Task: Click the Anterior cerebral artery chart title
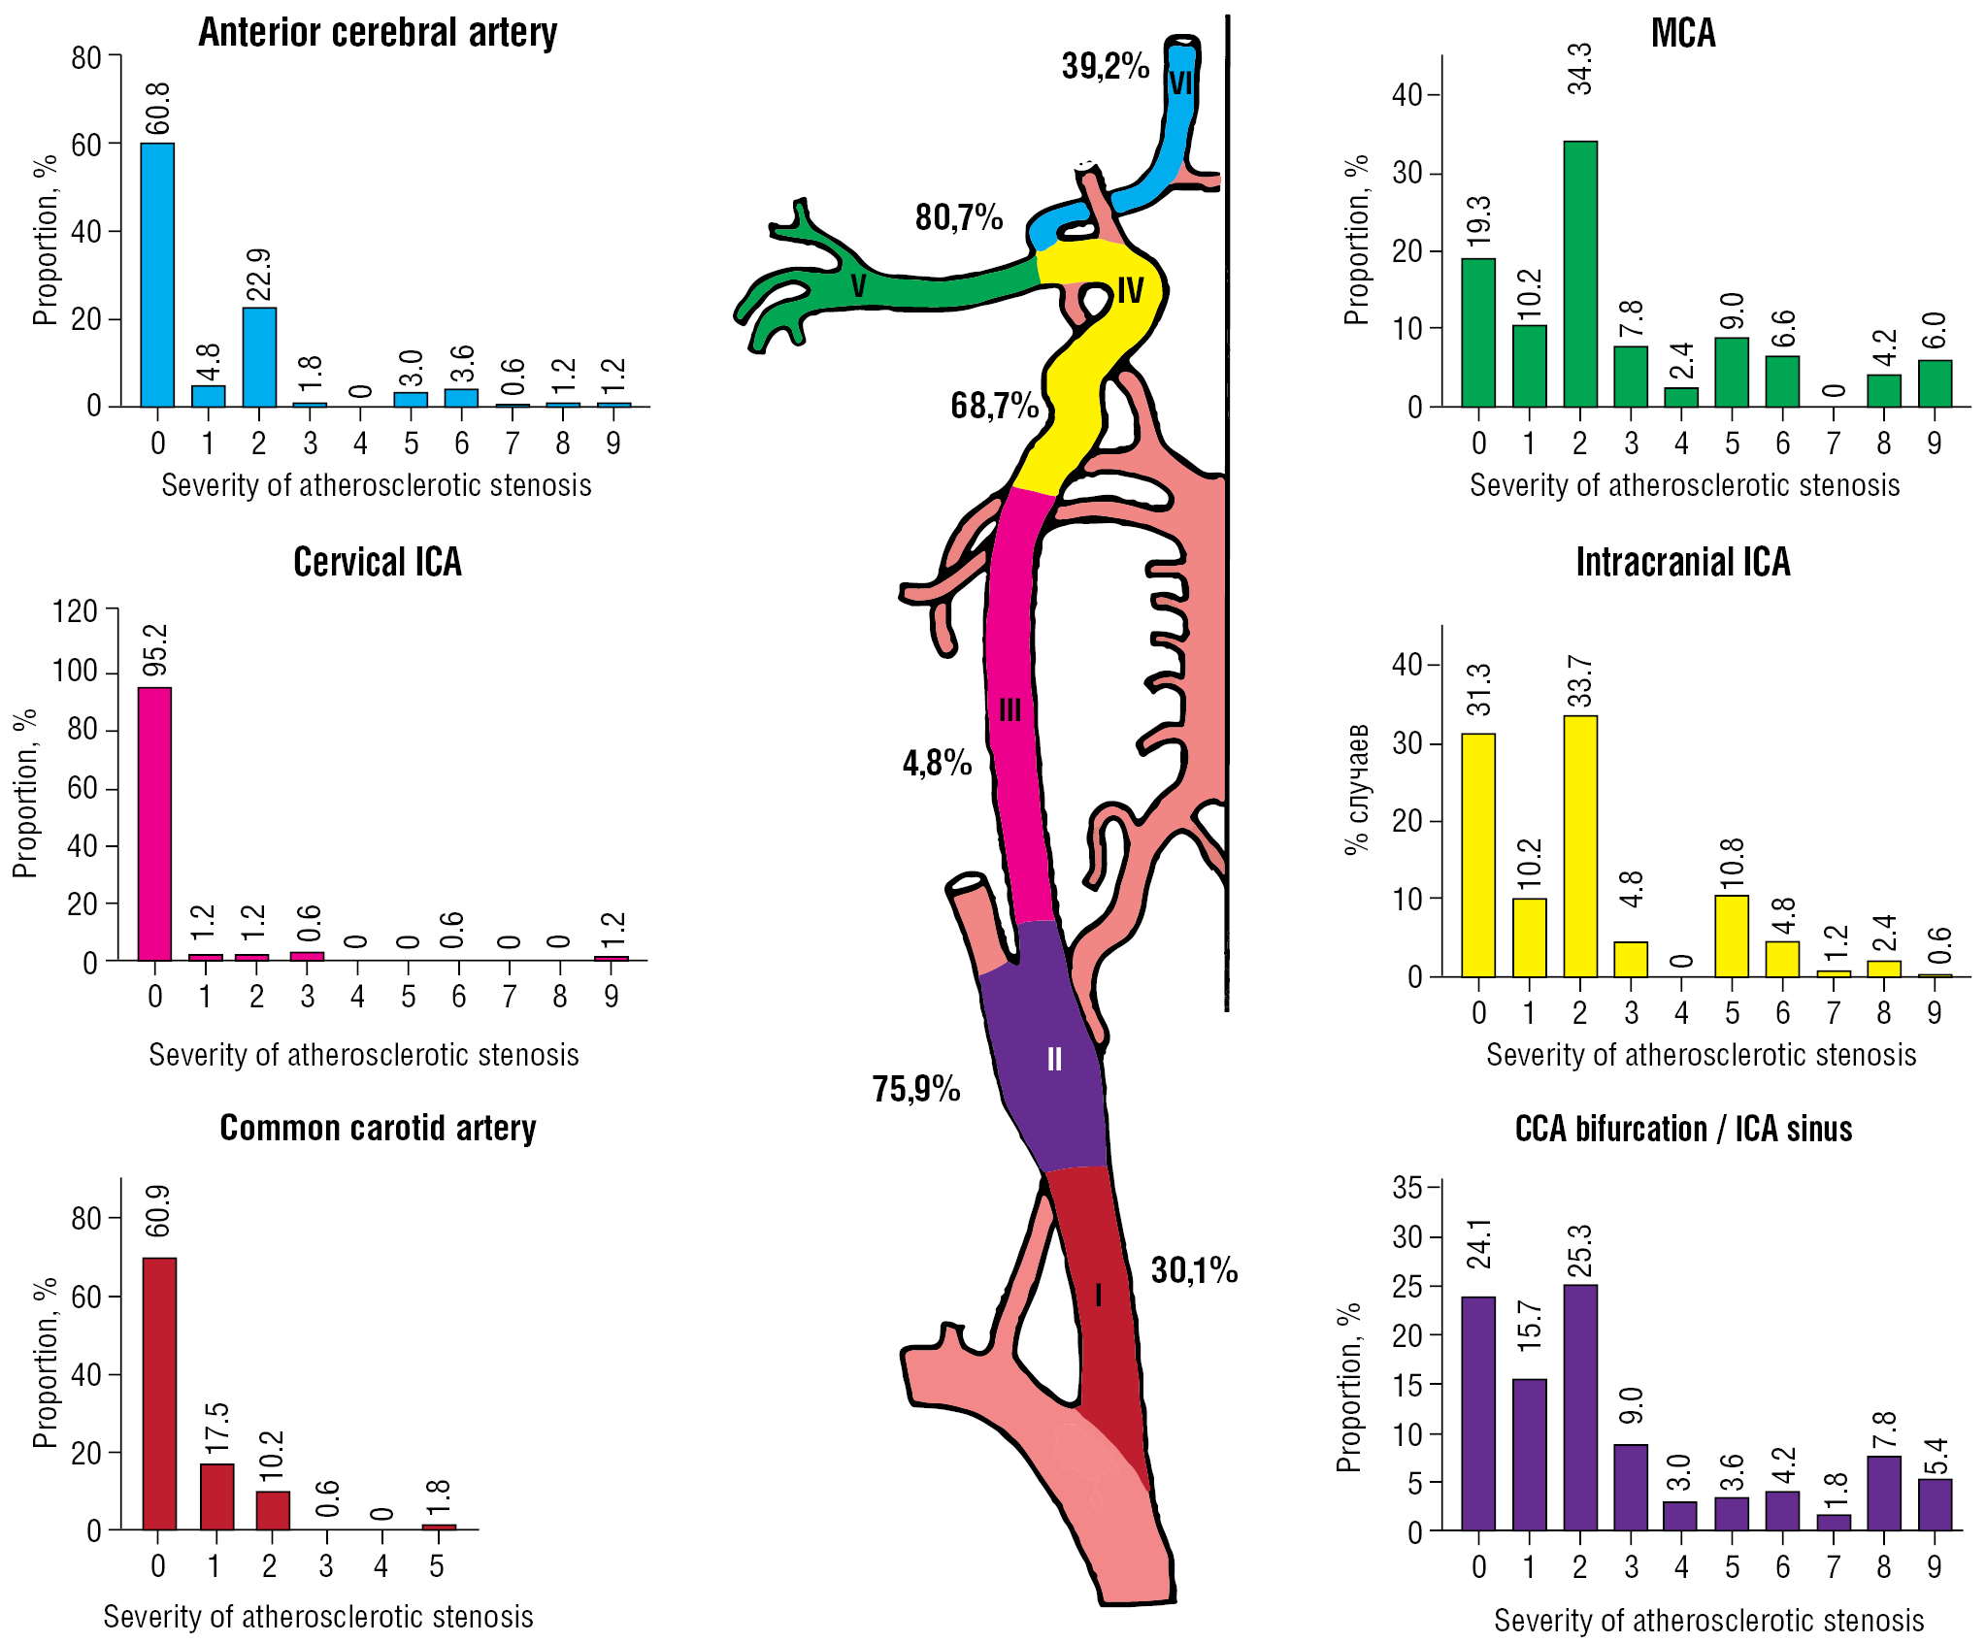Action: point(378,32)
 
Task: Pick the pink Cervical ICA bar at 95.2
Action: point(154,824)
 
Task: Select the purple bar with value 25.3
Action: point(1579,1407)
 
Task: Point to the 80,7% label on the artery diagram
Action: point(958,217)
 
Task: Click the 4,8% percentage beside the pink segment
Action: point(937,764)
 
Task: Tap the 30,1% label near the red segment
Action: point(1194,1270)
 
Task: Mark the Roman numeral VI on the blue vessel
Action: point(1180,82)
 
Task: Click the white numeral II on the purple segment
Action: point(1054,1059)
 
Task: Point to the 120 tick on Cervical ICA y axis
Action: point(75,611)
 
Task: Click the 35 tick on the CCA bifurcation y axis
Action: point(1407,1188)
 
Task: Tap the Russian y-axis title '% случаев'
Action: point(1357,788)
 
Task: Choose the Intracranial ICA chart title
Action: point(1682,563)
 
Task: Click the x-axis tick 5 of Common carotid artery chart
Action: point(437,1565)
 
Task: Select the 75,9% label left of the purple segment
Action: point(915,1090)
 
